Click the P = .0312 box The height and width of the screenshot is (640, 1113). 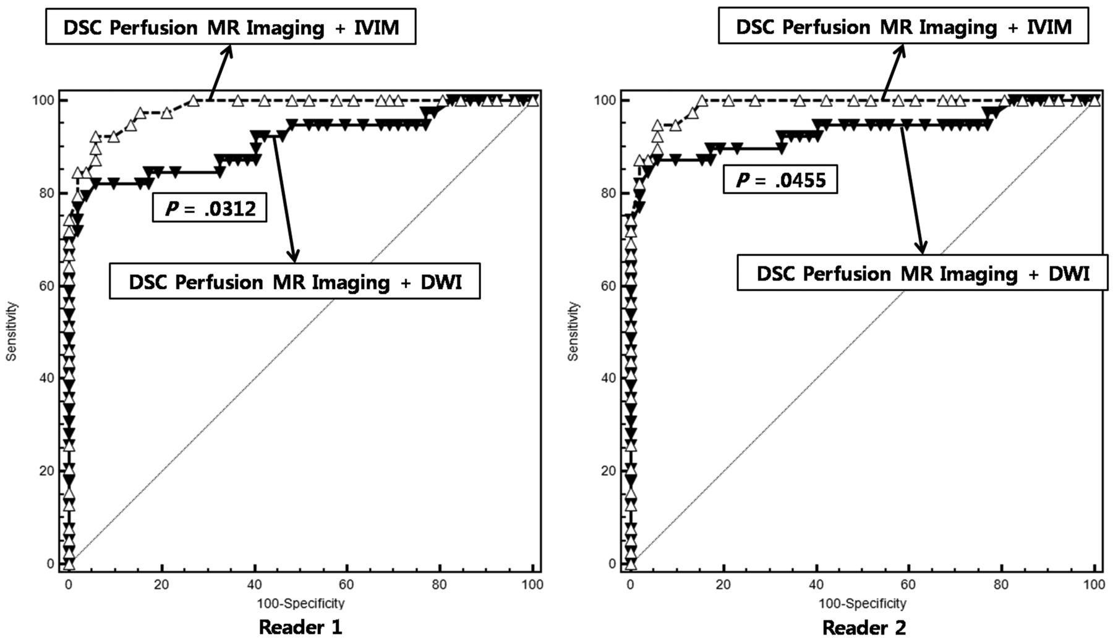point(210,208)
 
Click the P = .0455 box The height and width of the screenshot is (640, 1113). point(780,180)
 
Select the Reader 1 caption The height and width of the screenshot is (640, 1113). point(300,627)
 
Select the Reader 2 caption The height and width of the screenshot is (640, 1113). point(864,628)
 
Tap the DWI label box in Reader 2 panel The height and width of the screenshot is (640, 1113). point(923,273)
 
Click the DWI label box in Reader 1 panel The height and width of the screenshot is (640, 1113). point(295,282)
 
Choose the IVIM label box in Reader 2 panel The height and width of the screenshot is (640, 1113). point(903,27)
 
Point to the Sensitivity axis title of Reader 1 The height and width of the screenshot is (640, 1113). point(11,332)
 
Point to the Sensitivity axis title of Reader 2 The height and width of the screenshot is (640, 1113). point(573,332)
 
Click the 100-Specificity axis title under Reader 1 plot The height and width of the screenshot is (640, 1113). point(301,603)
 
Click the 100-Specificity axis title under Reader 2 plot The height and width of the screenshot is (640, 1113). point(863,603)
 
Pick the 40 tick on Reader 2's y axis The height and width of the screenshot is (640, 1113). point(608,378)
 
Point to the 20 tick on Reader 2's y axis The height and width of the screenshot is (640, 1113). point(608,471)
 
